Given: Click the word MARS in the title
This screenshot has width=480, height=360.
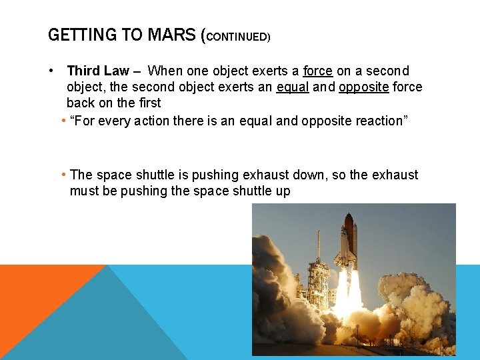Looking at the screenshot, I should click(x=171, y=35).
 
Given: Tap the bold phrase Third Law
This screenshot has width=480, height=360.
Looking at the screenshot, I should click(x=98, y=71).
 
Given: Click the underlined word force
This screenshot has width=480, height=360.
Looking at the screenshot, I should click(x=317, y=71).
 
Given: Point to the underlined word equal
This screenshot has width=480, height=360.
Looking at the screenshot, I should click(x=293, y=87).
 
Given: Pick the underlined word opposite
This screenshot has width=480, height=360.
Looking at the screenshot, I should click(x=364, y=87).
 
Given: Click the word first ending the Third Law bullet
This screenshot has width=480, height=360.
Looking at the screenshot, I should click(x=149, y=103).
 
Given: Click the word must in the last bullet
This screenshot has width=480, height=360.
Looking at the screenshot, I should click(x=84, y=191).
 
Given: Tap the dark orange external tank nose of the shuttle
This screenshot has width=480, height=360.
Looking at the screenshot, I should click(x=349, y=223).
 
